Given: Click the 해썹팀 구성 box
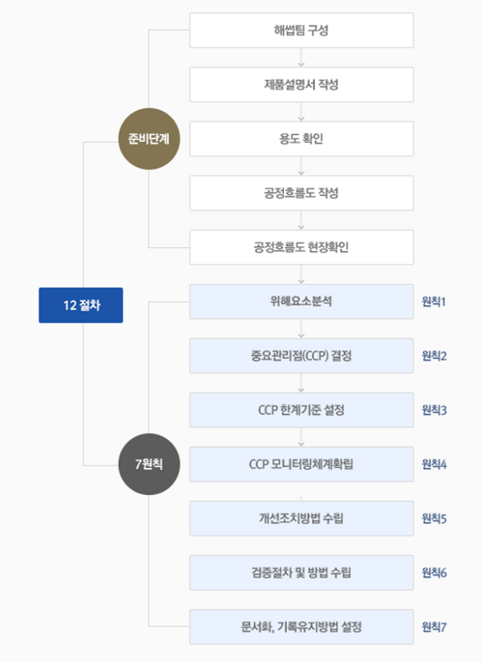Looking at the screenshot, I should (x=301, y=30).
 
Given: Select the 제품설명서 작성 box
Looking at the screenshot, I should (x=301, y=84).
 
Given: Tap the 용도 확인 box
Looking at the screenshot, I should (x=301, y=139).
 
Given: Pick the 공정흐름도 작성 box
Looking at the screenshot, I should (x=301, y=193).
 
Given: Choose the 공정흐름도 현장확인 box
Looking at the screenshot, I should (x=301, y=247).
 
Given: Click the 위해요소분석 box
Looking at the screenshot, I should (x=301, y=302).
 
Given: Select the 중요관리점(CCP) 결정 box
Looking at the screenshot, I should (x=301, y=355).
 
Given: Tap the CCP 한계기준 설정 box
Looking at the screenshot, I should (x=301, y=410).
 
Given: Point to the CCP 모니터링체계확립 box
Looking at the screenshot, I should (x=301, y=464).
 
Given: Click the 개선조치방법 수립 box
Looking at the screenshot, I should (x=301, y=518).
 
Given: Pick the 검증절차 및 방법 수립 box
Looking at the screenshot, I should (x=301, y=572).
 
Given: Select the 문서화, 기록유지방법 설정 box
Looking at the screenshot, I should (x=301, y=627).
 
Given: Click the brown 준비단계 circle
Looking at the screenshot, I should (x=149, y=139).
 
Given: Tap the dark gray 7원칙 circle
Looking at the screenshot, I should (x=149, y=464).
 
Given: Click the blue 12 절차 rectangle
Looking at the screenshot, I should (x=81, y=305).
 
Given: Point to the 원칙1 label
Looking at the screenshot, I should (x=434, y=303).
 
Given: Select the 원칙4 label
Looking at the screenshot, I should (x=434, y=465).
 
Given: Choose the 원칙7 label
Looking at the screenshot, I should (x=434, y=627).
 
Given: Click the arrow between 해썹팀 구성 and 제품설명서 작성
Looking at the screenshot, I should (x=301, y=58).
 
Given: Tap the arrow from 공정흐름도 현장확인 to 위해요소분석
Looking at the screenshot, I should (x=301, y=274).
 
